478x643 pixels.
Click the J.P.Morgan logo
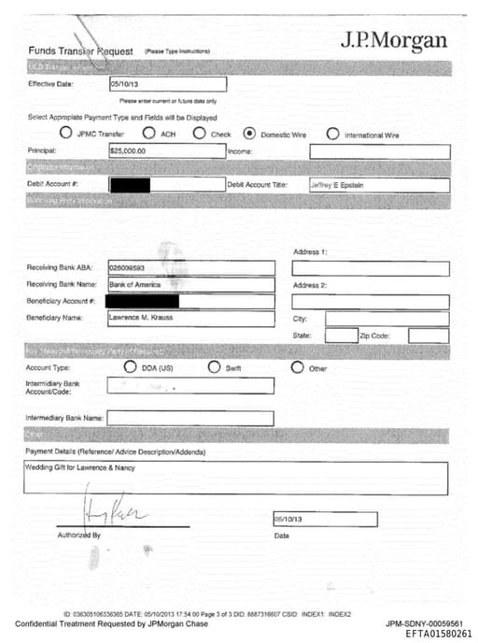point(393,41)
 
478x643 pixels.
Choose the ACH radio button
point(148,134)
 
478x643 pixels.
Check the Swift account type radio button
point(215,367)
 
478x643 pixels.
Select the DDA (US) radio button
point(130,367)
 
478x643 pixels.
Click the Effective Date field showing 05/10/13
point(167,83)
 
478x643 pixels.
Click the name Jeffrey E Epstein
point(337,185)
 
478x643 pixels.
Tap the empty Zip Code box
point(428,336)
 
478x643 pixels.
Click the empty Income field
point(379,151)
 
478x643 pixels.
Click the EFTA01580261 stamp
point(438,633)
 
